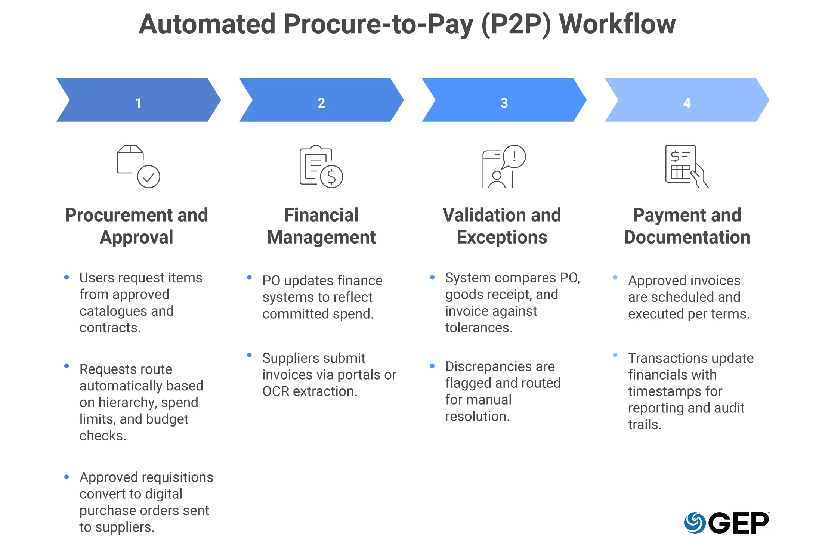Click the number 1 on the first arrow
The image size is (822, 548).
[x=138, y=103]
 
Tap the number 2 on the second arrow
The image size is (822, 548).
[x=321, y=103]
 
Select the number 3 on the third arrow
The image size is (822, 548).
[x=504, y=103]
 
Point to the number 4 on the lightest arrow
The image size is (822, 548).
[x=687, y=103]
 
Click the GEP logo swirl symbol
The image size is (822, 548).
[x=695, y=523]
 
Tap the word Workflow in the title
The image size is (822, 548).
[x=617, y=24]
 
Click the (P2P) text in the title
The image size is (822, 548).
[x=516, y=24]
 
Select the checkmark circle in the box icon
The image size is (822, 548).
[x=148, y=177]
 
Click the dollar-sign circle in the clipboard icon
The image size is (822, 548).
[x=331, y=177]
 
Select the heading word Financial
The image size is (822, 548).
[x=321, y=215]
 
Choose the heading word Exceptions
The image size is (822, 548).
[x=502, y=237]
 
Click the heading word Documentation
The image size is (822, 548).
[x=687, y=237]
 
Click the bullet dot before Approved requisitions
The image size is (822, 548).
[x=67, y=477]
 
